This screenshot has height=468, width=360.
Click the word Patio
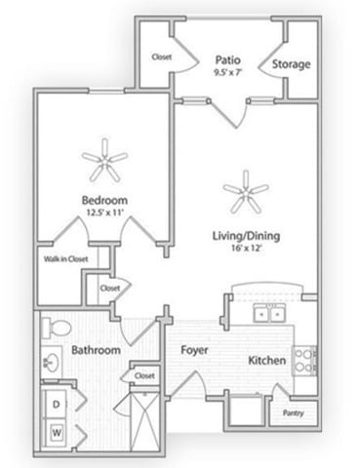pos(229,58)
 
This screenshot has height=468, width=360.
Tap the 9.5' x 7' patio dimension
pos(229,70)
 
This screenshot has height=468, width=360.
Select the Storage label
pos(292,65)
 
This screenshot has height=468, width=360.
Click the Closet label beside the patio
pos(162,57)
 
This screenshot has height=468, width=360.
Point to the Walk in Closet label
pos(65,259)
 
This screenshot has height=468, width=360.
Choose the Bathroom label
pos(96,349)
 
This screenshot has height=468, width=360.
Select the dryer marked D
pos(57,402)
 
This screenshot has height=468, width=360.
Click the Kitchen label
pos(266,360)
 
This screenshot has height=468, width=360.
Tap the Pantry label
pos(294,413)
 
